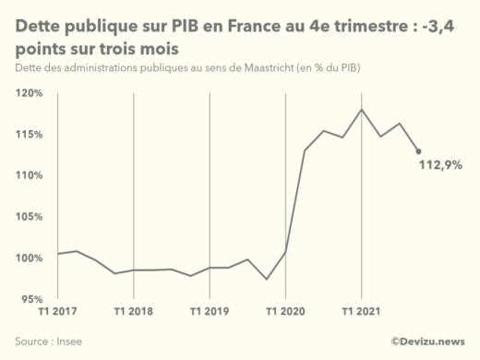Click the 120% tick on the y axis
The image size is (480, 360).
point(30,93)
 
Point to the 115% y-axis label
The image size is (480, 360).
point(30,135)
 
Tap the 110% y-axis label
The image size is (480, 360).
point(30,175)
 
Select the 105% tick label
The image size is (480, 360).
point(30,217)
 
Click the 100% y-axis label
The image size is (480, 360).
point(30,258)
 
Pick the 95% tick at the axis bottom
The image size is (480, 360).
point(31,299)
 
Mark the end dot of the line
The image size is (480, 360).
point(418,151)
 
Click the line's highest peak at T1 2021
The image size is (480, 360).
point(361,110)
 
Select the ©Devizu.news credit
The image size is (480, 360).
point(427,342)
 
